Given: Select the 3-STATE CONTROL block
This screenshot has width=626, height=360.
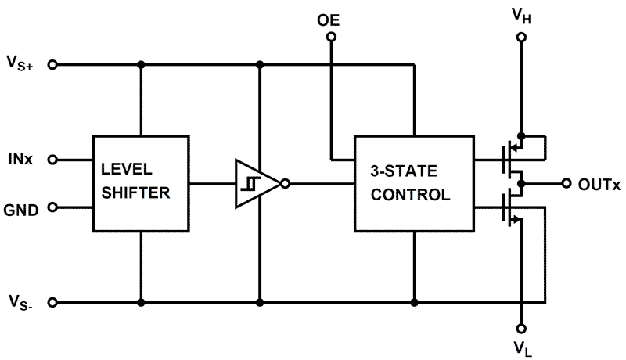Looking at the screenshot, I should tap(414, 183).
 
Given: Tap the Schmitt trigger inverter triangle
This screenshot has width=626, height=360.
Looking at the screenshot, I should tap(255, 184).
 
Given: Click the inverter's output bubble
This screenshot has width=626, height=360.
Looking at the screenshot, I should tap(285, 184).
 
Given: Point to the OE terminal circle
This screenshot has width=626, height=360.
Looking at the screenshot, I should tap(332, 37).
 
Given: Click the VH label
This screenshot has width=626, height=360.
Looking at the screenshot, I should tap(521, 13).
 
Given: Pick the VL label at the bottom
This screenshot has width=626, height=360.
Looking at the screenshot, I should tap(521, 345).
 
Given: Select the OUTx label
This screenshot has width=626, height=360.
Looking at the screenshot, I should tap(599, 184).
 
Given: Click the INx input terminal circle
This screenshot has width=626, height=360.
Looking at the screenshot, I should tap(52, 160).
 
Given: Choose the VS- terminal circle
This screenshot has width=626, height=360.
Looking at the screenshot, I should tap(52, 302).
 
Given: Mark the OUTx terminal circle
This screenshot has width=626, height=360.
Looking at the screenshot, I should tap(567, 184).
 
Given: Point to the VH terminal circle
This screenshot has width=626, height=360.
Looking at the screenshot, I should tap(521, 37).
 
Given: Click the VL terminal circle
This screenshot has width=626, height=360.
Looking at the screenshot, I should tap(521, 328).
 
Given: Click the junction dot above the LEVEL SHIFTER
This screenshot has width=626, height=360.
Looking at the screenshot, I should tap(142, 64).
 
